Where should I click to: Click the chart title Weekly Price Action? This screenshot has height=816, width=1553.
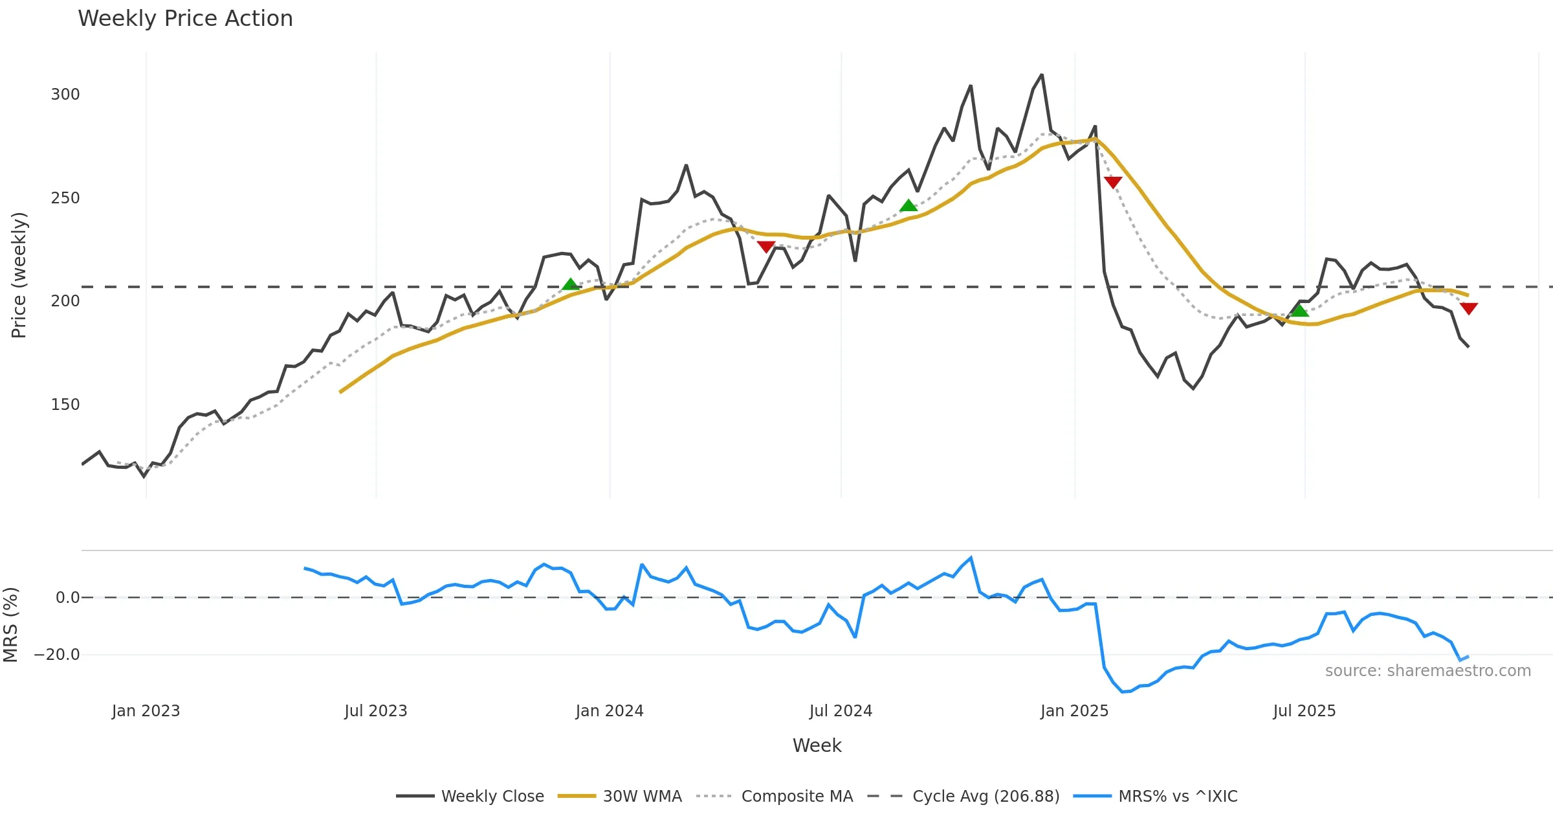point(185,19)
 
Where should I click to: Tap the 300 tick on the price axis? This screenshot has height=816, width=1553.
point(65,95)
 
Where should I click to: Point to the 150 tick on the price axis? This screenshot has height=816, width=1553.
point(65,405)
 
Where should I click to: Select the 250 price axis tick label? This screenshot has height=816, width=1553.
point(65,198)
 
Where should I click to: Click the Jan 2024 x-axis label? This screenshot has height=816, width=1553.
point(610,711)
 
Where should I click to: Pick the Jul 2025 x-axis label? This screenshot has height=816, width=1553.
point(1305,711)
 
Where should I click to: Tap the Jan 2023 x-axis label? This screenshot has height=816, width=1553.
point(146,711)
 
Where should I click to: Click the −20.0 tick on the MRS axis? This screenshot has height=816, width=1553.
point(57,655)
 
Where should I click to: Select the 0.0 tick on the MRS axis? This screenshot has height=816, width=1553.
point(67,598)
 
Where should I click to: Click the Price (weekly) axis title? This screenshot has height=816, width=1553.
point(19,275)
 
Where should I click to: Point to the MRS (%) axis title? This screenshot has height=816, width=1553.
point(10,625)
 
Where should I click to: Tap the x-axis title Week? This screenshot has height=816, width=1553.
point(817,746)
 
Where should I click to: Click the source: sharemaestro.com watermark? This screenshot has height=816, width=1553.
point(1427,671)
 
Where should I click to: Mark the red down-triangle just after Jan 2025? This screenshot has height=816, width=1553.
point(1113,182)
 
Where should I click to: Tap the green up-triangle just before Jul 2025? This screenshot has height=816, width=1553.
point(1299,310)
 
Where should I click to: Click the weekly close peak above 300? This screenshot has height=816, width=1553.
point(1042,75)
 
